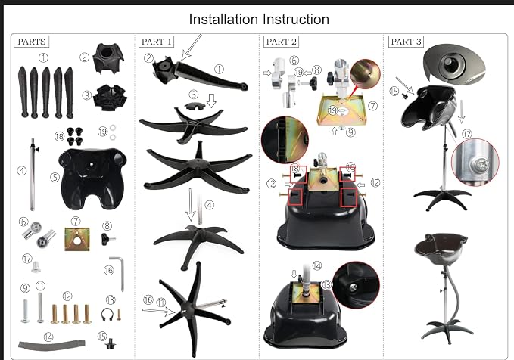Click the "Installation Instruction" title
[x=259, y=20]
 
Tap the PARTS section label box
[x=32, y=42]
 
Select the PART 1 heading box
[x=156, y=42]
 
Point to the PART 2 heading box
[x=281, y=42]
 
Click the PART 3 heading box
[x=406, y=42]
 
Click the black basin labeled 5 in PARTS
[x=93, y=178]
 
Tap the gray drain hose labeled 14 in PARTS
[x=51, y=345]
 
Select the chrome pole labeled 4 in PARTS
[x=33, y=175]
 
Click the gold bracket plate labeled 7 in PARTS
[x=77, y=239]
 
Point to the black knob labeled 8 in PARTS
[x=107, y=238]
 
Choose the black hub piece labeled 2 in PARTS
[x=108, y=58]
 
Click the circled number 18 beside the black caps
[x=59, y=136]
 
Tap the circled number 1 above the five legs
[x=43, y=58]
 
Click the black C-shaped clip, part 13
[x=107, y=315]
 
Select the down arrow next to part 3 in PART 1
[x=211, y=101]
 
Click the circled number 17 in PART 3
[x=467, y=134]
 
